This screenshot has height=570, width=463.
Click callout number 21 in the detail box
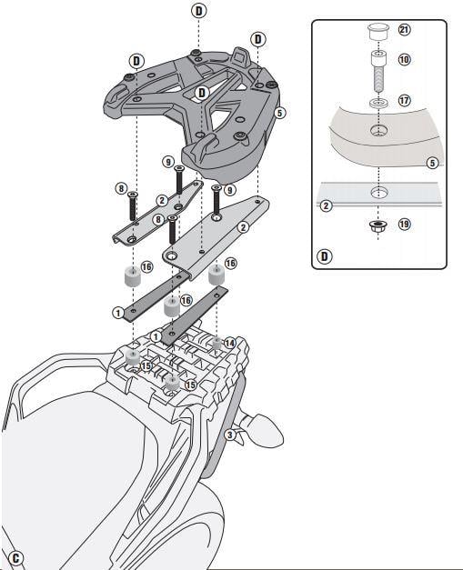coord(404,29)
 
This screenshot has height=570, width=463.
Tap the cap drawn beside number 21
coord(377,32)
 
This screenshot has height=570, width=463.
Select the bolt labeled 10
coord(378,71)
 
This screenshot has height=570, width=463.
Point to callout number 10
coord(404,59)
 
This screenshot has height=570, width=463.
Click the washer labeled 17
coord(378,102)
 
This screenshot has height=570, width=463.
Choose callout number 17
coord(404,100)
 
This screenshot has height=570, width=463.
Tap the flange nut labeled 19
coord(377,225)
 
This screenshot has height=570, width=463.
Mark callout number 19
coord(404,224)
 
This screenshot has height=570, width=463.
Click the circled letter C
coord(15,558)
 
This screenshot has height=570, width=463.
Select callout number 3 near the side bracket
coord(229,435)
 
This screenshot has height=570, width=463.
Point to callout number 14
coord(229,343)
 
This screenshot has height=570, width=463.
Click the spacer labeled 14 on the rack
coord(216,343)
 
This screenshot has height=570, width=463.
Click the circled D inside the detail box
coord(325,256)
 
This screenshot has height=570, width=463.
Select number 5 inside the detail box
coord(432,163)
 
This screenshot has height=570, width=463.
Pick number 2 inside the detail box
coord(326,205)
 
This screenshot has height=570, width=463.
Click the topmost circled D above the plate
coord(198,11)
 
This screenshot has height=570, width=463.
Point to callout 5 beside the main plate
coord(279,113)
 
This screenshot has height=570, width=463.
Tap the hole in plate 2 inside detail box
coord(379,192)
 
